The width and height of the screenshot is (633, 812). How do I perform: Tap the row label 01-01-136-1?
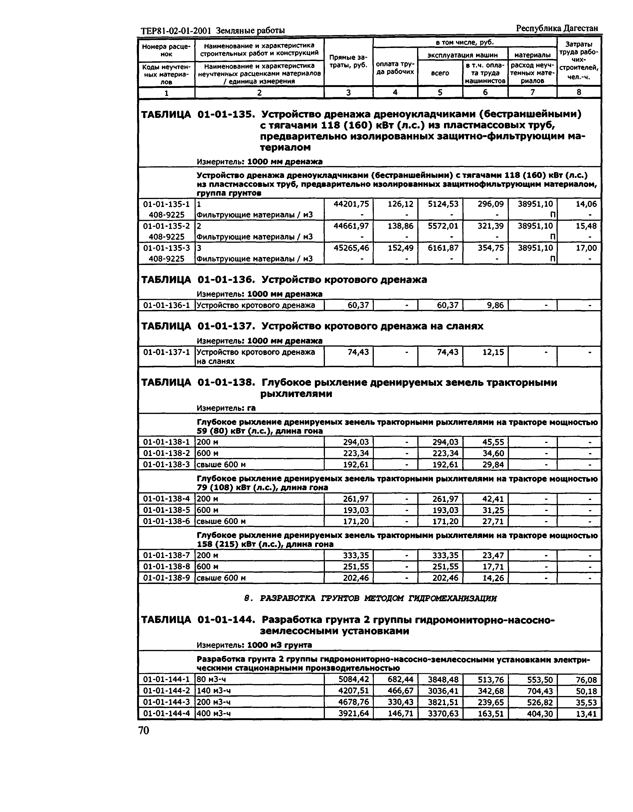click(x=166, y=305)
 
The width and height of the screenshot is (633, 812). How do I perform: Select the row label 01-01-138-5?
click(x=166, y=510)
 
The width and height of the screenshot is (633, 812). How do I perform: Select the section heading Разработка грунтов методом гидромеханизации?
click(x=370, y=598)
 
